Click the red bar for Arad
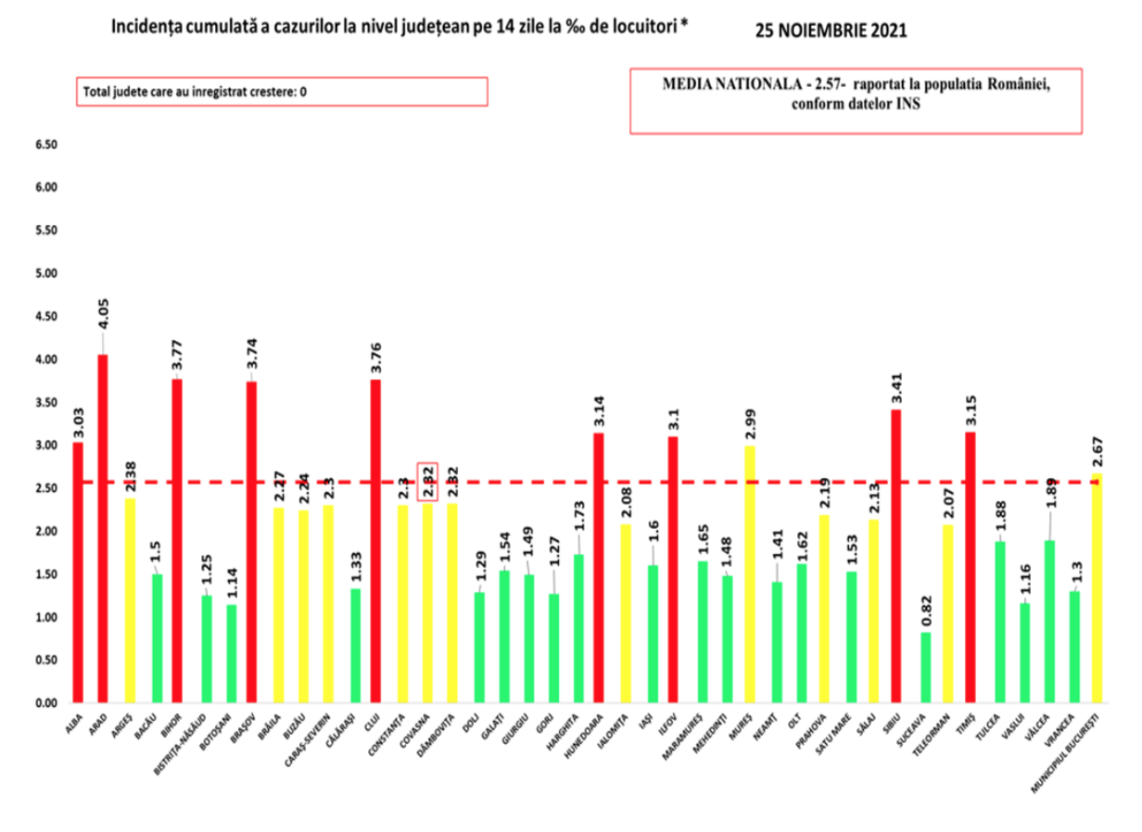click(103, 528)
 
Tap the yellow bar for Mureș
click(749, 574)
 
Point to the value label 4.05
click(103, 312)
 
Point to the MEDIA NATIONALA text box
click(856, 100)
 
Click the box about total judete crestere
click(281, 91)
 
